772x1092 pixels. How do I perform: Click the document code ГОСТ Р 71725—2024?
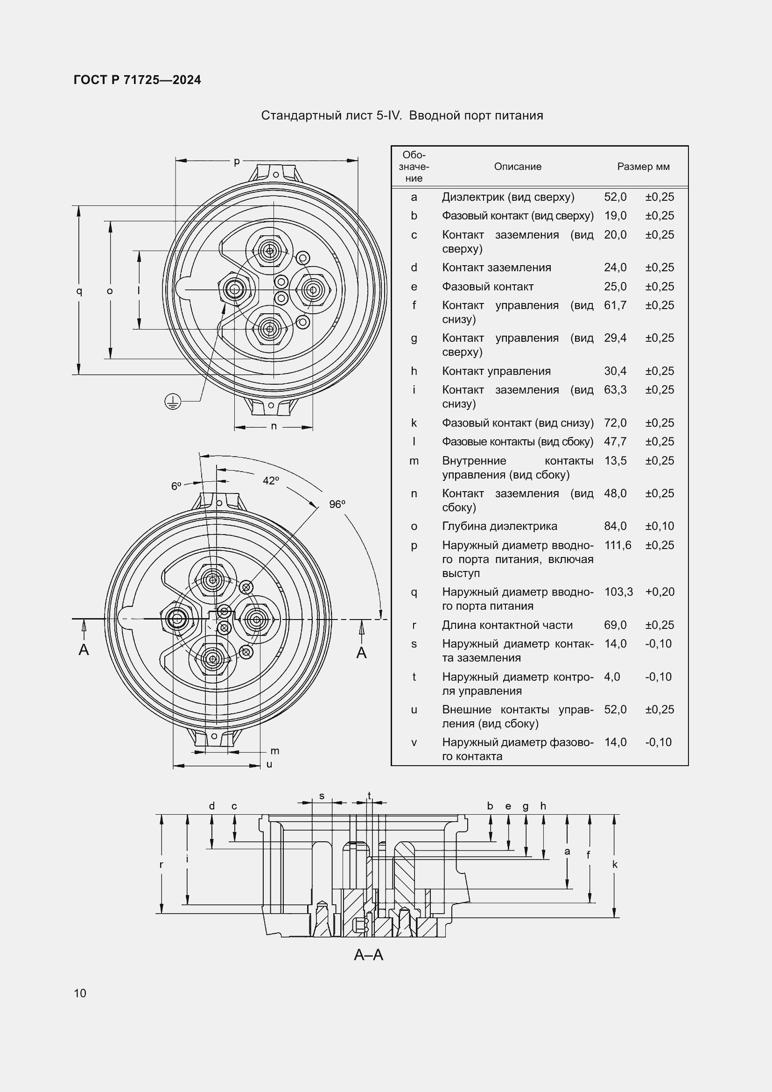pos(137,80)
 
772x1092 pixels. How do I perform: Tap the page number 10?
pos(80,993)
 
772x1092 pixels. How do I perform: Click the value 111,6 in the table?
pos(618,545)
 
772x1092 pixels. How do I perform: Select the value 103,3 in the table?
pos(618,592)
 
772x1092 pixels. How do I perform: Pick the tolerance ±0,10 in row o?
pos(660,526)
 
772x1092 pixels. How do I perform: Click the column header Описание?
pos(517,167)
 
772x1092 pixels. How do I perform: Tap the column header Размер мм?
pos(643,167)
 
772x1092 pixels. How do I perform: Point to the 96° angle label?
pos(337,504)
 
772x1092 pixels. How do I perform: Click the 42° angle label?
pos(271,481)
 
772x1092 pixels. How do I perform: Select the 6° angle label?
pos(176,486)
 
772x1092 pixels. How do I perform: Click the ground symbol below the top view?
pos(173,402)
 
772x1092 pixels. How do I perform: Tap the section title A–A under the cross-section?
pos(368,955)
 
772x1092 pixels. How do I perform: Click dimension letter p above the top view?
pos(236,162)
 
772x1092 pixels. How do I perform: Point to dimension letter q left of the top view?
pos(79,290)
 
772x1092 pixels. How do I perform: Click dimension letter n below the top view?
pos(274,426)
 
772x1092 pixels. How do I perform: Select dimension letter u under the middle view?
pos(269,764)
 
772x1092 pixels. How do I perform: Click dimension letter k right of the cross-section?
pos(615,865)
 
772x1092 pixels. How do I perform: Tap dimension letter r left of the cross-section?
pos(161,865)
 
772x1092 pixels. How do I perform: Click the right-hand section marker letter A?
pos(361,653)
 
